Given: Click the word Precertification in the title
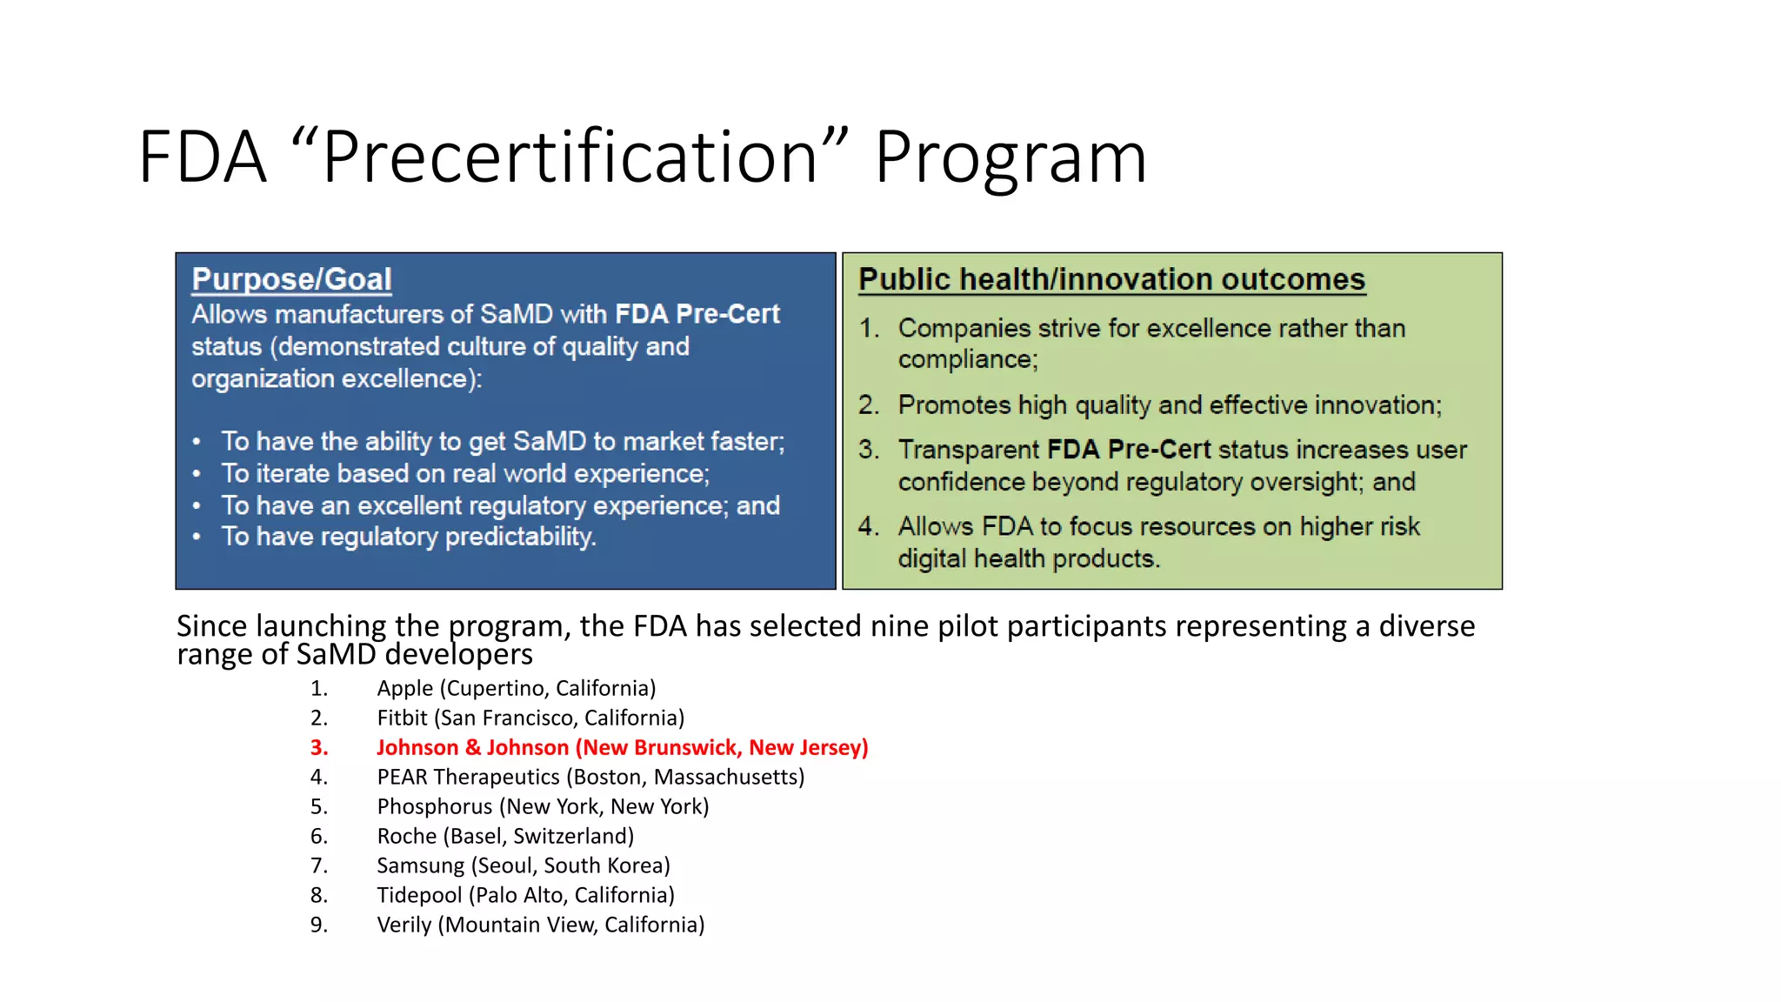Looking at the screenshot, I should point(570,157).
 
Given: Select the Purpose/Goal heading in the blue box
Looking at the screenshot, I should point(291,279).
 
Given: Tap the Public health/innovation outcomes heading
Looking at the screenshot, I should point(1111,279).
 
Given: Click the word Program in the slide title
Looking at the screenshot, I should point(1011,159).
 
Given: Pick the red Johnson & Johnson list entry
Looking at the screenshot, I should point(622,747).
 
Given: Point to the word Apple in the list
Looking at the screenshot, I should point(404,688).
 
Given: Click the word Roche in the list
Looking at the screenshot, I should point(406,836).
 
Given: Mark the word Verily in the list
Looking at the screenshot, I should point(404,925).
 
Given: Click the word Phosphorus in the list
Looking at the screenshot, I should point(434,806).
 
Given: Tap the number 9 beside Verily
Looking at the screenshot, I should point(318,925).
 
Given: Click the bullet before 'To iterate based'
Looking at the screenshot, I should point(197,474).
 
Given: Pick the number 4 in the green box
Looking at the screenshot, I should point(867,526).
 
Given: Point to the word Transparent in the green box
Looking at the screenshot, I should point(968,450).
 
